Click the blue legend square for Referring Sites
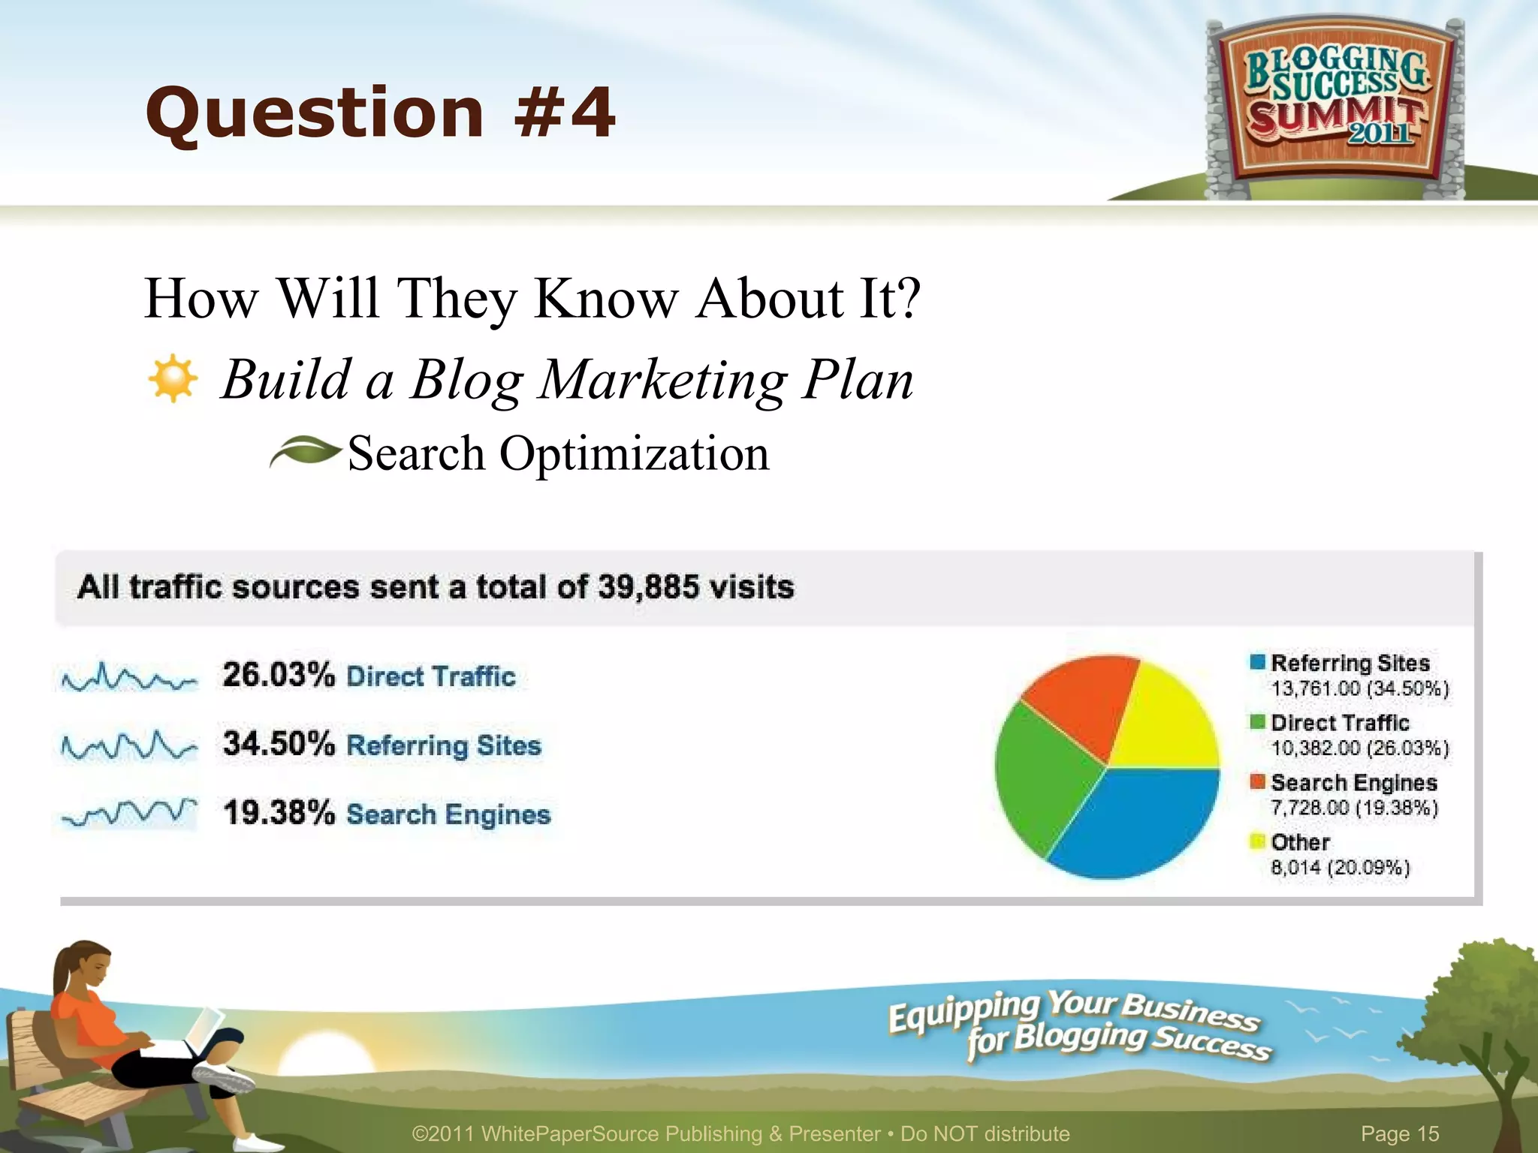(x=1257, y=662)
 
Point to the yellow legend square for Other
(x=1257, y=841)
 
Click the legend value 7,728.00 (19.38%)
(x=1354, y=808)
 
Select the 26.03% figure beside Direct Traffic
(x=278, y=674)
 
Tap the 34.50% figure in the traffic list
(x=278, y=744)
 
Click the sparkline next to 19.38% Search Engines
(x=129, y=813)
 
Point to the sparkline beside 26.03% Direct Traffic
(x=129, y=678)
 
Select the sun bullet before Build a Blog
(x=173, y=378)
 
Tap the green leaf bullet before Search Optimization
(x=305, y=452)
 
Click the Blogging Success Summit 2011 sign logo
(x=1335, y=105)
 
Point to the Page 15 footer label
(x=1400, y=1133)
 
